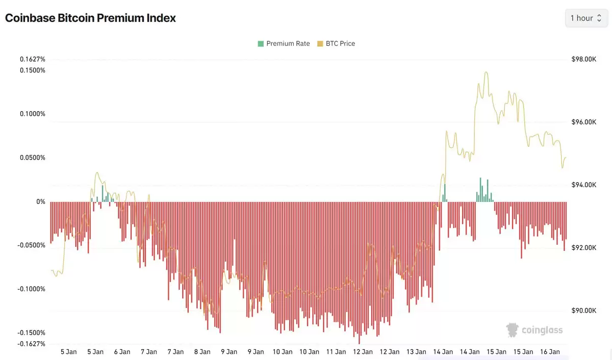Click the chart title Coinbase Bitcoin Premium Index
click(90, 18)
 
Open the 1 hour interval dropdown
click(586, 18)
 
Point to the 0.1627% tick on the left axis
click(33, 59)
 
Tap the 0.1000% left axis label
click(33, 114)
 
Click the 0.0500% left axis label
click(33, 158)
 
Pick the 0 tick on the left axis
click(40, 202)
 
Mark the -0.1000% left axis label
click(32, 289)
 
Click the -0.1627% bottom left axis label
click(32, 344)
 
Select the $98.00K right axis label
click(583, 59)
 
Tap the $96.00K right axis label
click(583, 122)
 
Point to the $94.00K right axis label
click(583, 185)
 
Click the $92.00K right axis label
click(583, 248)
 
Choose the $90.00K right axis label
click(583, 311)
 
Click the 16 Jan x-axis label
click(550, 352)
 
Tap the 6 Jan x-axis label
click(122, 352)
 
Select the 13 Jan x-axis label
click(416, 352)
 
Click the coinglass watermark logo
click(534, 330)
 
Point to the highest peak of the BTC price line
click(486, 72)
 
